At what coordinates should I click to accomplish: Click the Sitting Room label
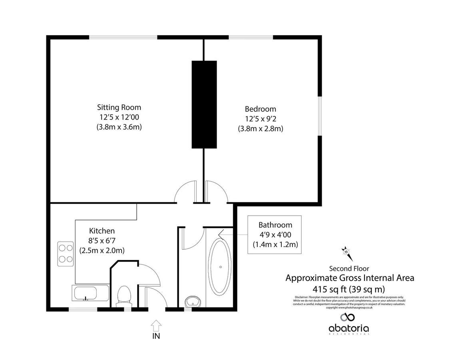coord(119,107)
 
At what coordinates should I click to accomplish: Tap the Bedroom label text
coord(260,109)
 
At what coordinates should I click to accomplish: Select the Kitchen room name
coord(102,231)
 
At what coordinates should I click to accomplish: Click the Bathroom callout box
coord(275,234)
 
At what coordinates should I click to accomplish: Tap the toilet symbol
coord(123,296)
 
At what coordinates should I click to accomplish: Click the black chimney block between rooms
coord(204,104)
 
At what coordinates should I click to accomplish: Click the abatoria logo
coord(348,323)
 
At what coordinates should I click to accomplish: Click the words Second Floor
coord(349,268)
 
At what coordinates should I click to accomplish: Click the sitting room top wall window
coord(123,38)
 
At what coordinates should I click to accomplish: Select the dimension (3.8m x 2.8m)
coord(261,129)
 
